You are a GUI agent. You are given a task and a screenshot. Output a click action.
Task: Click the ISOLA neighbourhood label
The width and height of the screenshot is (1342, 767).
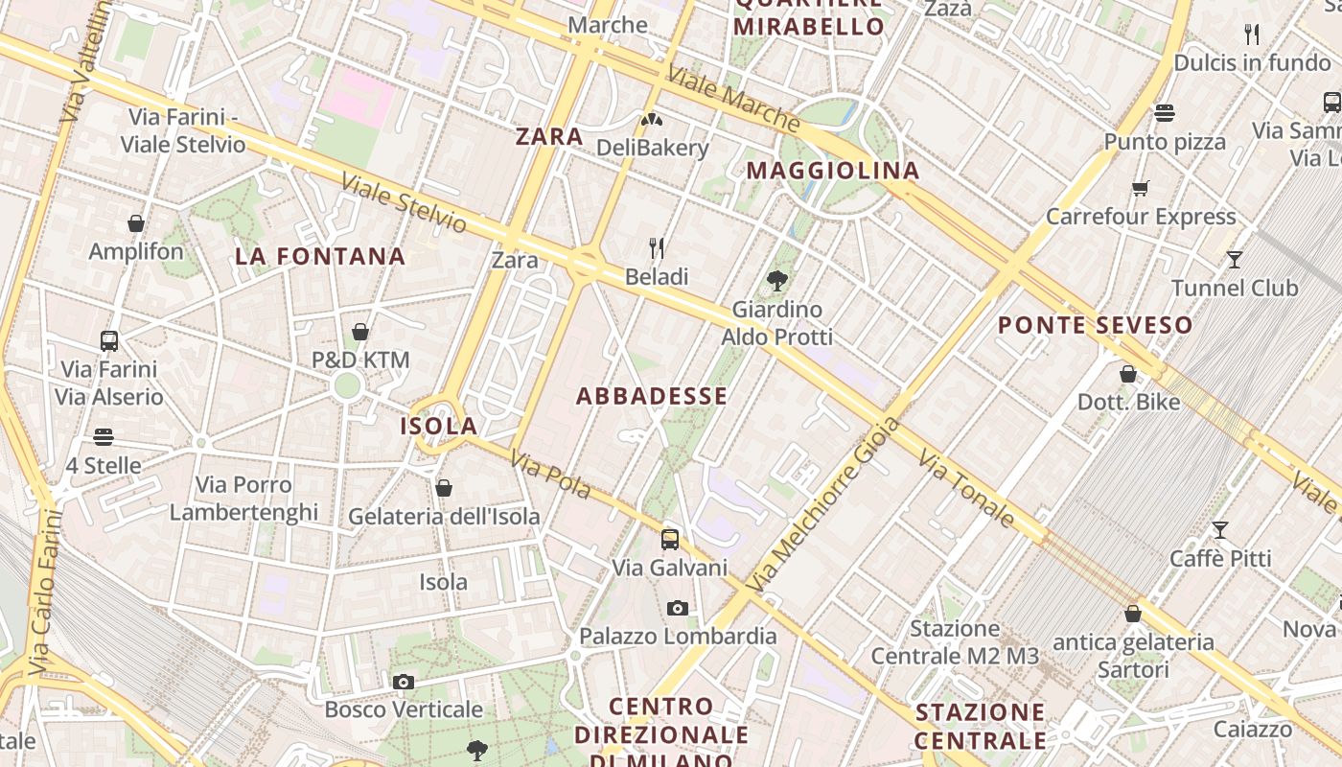tap(438, 426)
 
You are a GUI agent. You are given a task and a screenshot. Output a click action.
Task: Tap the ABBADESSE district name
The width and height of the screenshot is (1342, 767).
tap(652, 396)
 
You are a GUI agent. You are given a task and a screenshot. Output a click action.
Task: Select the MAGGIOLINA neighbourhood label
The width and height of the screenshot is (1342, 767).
tap(832, 171)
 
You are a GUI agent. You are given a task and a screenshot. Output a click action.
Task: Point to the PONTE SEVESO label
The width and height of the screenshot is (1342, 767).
tap(1095, 325)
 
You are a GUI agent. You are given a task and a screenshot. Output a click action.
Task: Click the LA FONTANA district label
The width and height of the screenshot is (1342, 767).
tap(320, 256)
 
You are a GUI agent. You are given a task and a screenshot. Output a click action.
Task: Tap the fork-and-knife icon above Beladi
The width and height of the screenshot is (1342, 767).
tap(657, 248)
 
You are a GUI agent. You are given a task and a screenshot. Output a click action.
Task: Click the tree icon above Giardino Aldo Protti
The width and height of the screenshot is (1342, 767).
tap(776, 281)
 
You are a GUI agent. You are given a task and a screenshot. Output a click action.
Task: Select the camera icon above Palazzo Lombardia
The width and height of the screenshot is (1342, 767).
tap(677, 608)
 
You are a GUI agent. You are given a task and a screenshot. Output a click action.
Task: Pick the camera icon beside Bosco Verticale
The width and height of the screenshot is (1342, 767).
tap(404, 682)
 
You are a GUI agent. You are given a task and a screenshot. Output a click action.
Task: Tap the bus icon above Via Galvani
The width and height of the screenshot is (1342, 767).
tap(670, 539)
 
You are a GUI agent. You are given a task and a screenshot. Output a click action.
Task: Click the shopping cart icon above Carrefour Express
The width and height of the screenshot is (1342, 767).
tap(1140, 188)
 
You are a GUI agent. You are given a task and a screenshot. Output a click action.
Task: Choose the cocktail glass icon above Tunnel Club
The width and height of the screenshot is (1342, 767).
tap(1235, 259)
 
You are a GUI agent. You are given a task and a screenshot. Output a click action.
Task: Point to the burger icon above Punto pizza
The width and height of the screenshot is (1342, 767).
tap(1165, 113)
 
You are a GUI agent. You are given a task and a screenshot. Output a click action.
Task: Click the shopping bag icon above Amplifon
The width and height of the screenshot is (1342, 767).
tap(136, 223)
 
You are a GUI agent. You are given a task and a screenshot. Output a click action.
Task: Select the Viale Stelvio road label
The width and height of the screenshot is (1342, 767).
tap(404, 203)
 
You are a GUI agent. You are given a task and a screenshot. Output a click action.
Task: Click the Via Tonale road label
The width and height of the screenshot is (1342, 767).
tap(965, 489)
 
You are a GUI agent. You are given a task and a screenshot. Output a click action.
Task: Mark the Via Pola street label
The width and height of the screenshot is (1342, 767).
tap(550, 475)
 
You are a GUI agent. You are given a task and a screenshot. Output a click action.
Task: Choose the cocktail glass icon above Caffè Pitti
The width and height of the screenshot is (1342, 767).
tap(1220, 529)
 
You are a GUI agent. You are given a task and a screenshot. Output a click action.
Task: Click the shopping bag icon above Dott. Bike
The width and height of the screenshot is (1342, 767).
tap(1128, 373)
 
